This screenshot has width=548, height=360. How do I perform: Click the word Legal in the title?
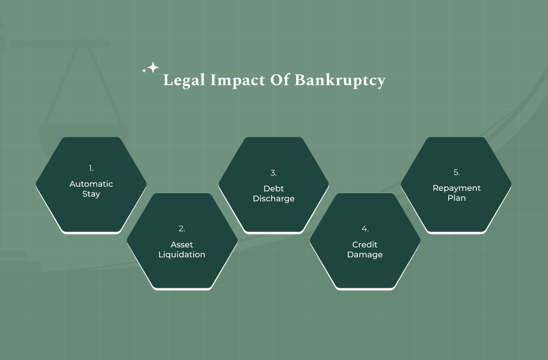pyautogui.click(x=184, y=80)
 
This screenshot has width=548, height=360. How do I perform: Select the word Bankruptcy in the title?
pyautogui.click(x=340, y=81)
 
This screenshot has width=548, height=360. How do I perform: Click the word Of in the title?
pyautogui.click(x=280, y=80)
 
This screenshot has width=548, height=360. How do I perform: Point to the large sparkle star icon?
pyautogui.click(x=153, y=67)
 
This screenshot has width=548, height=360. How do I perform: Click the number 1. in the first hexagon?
pyautogui.click(x=91, y=169)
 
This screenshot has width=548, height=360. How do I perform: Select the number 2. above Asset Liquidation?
pyautogui.click(x=182, y=229)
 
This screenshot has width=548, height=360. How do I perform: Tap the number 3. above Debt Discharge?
pyautogui.click(x=273, y=173)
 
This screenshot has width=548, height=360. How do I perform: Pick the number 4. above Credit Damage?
pyautogui.click(x=365, y=229)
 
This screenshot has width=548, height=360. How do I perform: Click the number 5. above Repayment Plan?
pyautogui.click(x=456, y=173)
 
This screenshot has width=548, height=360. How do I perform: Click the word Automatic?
pyautogui.click(x=91, y=184)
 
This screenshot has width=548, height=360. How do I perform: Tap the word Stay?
pyautogui.click(x=91, y=194)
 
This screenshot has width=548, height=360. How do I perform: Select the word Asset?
pyautogui.click(x=182, y=244)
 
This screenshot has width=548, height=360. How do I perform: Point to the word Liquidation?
pyautogui.click(x=182, y=255)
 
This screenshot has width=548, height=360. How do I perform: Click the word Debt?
pyautogui.click(x=273, y=188)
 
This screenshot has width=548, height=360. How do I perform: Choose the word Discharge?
pyautogui.click(x=273, y=199)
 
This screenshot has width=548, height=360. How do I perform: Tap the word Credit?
pyautogui.click(x=365, y=244)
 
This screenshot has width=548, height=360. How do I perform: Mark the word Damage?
pyautogui.click(x=365, y=255)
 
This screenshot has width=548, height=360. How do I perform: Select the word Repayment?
pyautogui.click(x=457, y=188)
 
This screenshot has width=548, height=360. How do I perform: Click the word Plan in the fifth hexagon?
pyautogui.click(x=457, y=198)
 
